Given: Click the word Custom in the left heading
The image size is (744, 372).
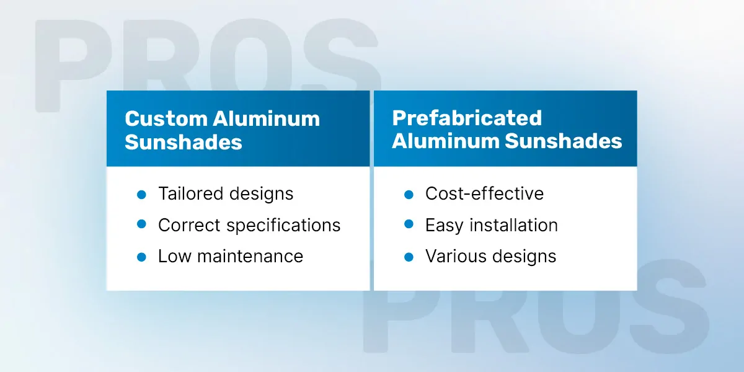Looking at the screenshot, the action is click(166, 118).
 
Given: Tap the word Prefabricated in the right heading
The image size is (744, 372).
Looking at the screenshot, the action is click(467, 118).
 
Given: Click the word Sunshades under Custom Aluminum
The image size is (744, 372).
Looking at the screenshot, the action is click(184, 142).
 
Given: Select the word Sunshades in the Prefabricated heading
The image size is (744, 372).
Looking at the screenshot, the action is click(564, 141).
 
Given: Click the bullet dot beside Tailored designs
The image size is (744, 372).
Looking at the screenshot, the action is click(141, 195).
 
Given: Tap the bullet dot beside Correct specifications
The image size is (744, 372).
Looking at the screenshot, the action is click(141, 224).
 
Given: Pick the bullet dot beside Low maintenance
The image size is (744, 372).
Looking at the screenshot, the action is click(141, 257).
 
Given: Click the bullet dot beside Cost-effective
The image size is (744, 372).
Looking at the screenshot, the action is click(409, 195).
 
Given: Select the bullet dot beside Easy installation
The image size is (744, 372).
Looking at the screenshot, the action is click(409, 224).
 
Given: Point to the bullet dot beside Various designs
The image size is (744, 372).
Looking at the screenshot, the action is click(409, 257).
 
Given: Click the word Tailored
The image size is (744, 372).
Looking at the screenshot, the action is click(191, 193).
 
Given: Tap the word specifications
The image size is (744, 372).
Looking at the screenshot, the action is click(284, 226).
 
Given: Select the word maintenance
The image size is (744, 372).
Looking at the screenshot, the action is click(250, 257).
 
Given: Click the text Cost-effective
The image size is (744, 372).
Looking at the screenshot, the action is click(484, 193).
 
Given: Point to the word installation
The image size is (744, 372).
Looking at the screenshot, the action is click(513, 225).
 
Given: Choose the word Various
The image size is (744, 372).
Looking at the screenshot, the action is click(456, 257).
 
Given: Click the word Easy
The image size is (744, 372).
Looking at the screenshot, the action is click(445, 226).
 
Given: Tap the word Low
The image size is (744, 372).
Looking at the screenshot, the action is click(175, 257).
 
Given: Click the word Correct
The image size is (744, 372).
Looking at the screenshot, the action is click(189, 225).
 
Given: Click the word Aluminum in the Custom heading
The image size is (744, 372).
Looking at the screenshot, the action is click(267, 118).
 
